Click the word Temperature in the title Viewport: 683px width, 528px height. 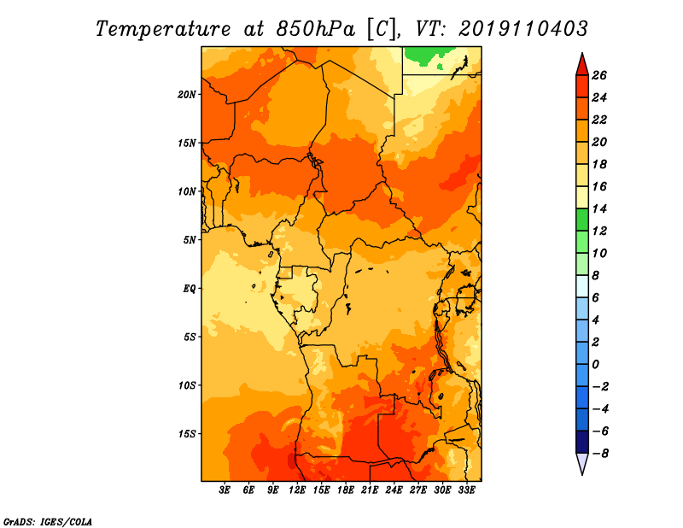click(161, 28)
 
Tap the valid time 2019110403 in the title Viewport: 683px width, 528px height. click(523, 28)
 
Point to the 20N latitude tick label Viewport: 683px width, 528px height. click(188, 94)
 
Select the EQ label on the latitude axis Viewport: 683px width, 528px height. click(190, 288)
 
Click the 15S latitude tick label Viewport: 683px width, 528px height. click(188, 433)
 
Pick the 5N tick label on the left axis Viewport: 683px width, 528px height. click(190, 239)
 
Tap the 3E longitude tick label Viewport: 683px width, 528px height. click(225, 490)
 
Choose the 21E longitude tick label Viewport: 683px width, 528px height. click(370, 490)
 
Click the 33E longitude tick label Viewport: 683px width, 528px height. click(466, 490)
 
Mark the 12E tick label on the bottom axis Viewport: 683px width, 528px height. click(298, 490)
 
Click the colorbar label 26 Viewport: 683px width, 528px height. click(599, 75)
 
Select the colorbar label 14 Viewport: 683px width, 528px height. click(599, 209)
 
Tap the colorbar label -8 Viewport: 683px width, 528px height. click(599, 454)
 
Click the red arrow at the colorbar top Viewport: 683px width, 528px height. click(581, 63)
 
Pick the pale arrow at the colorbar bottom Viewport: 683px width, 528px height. click(581, 464)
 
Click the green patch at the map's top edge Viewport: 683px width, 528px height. click(423, 56)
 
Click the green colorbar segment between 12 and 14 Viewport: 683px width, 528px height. click(581, 220)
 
